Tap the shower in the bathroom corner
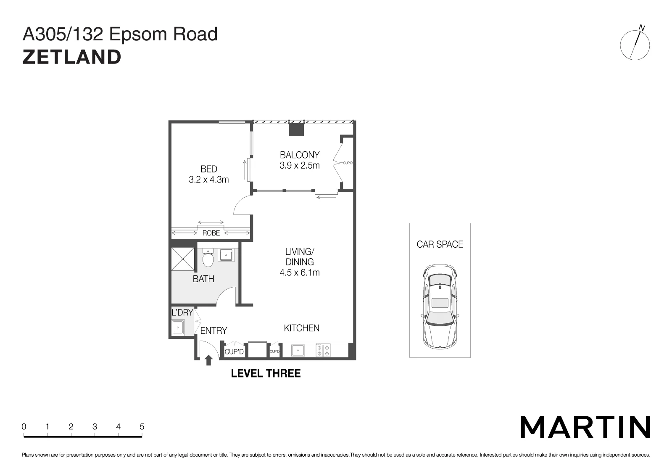(183, 259)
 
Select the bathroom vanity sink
(226, 255)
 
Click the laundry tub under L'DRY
(178, 328)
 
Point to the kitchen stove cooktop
(323, 350)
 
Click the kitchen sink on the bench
(298, 350)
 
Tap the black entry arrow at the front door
(208, 360)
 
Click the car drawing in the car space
(440, 306)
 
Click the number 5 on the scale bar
(142, 426)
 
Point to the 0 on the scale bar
(24, 426)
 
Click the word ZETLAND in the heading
(72, 57)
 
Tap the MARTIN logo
(585, 427)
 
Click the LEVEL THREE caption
(266, 373)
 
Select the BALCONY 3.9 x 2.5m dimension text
(300, 165)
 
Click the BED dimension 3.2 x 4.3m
(209, 180)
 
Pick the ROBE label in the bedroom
(211, 233)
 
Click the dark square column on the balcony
(296, 130)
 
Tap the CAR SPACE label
(440, 244)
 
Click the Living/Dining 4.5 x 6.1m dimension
(300, 272)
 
